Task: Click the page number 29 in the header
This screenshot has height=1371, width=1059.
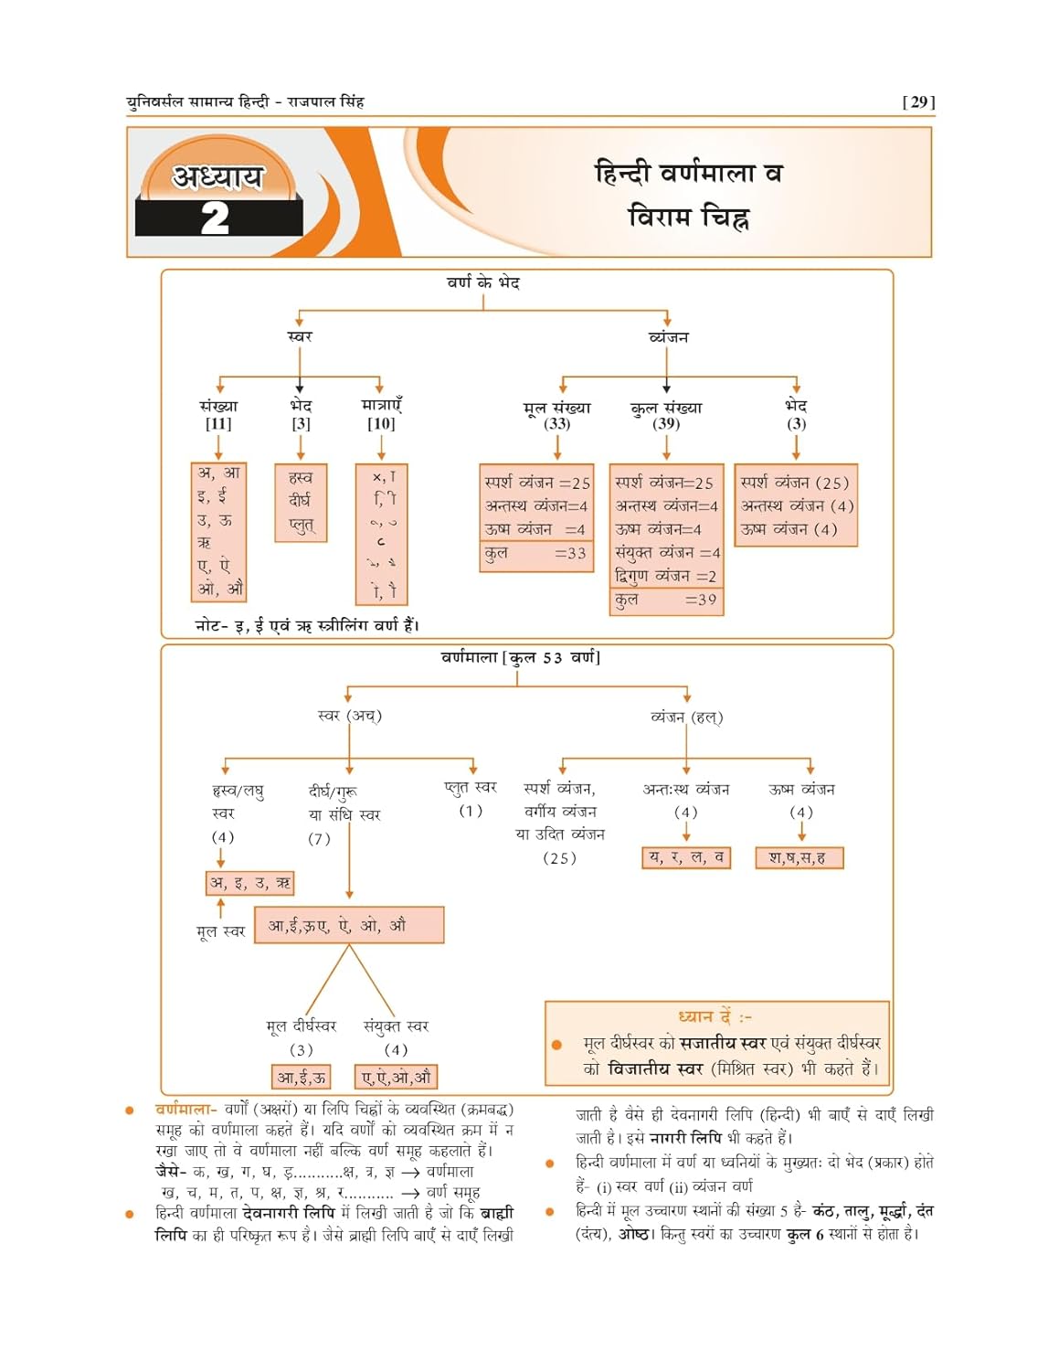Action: [918, 102]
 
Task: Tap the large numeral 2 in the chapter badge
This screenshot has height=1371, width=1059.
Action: [215, 218]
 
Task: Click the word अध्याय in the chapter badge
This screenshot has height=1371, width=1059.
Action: [217, 175]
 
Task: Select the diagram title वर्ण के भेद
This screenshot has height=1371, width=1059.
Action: [482, 283]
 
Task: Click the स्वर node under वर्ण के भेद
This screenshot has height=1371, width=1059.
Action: [300, 336]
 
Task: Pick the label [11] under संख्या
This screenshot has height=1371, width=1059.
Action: [218, 424]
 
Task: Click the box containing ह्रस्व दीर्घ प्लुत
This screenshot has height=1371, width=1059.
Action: [301, 502]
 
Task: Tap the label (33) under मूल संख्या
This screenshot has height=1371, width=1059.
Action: [556, 424]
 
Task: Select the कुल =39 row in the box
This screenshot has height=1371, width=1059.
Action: [666, 600]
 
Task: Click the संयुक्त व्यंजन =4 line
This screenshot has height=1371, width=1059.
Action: [667, 553]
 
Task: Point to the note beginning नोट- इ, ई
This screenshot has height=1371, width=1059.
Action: [307, 625]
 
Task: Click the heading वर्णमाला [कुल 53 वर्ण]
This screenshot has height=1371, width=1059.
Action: [520, 657]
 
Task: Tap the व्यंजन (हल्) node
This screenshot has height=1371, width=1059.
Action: [686, 717]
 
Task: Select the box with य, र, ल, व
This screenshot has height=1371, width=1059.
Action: [686, 857]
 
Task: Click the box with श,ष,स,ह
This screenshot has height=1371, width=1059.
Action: [799, 857]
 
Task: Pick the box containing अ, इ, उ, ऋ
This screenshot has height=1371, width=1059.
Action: [249, 883]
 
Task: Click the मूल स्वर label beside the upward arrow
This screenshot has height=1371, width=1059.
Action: [220, 931]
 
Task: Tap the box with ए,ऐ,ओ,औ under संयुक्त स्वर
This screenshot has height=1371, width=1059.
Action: [396, 1077]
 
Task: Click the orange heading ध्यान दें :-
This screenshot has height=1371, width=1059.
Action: [715, 1016]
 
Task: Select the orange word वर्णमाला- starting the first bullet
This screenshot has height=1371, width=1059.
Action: [186, 1110]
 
